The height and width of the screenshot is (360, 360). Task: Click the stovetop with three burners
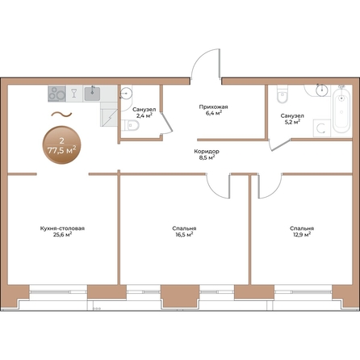coord(57,94)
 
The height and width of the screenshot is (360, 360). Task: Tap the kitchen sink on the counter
coord(92,94)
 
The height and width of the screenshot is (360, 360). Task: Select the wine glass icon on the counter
coord(74,94)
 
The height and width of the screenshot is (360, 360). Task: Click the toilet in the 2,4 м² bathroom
coord(131,125)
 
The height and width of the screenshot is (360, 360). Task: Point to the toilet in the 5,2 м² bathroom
coord(283,94)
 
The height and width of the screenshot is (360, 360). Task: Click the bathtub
coord(341,111)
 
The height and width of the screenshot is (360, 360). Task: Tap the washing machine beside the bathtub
coord(322,128)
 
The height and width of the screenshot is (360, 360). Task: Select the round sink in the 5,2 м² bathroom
coord(322,90)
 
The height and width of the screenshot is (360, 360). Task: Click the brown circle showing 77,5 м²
coord(61,145)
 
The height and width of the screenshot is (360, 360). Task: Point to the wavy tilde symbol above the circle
coord(61,115)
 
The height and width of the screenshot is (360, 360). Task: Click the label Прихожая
coord(213,107)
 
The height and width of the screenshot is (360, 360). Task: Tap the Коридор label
coord(207,152)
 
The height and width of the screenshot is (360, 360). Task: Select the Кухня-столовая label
coord(62,228)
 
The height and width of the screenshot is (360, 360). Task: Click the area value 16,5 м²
coord(184,235)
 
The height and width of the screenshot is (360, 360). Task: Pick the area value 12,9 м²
coord(302,235)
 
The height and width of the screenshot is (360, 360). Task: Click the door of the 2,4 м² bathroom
coord(167,123)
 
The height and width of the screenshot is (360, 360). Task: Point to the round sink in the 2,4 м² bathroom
coord(126,94)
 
